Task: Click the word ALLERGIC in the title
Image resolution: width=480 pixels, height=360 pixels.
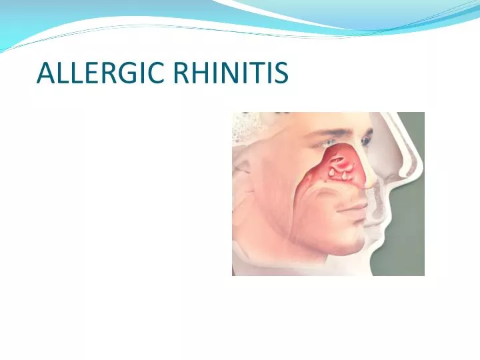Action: [101, 73]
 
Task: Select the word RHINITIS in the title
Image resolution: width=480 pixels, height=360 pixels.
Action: [231, 73]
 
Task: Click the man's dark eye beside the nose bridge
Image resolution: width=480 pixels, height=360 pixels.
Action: [365, 141]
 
